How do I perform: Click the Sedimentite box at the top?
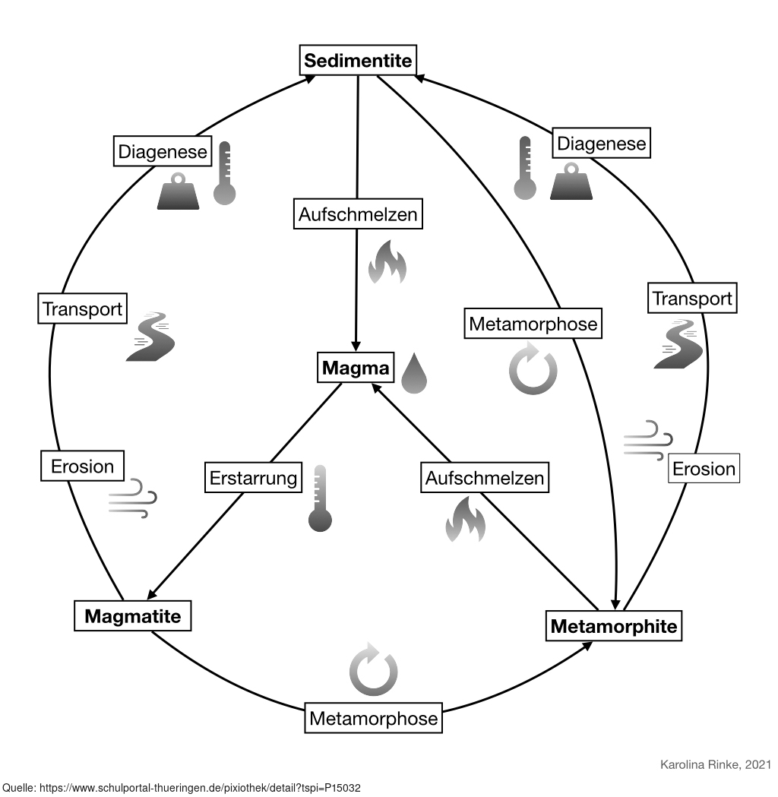coord(358,61)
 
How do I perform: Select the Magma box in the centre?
coord(356,368)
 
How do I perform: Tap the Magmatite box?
coord(132,615)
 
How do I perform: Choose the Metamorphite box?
coord(613,626)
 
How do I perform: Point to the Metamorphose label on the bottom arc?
coord(373,718)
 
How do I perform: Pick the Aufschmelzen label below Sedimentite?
coord(358,214)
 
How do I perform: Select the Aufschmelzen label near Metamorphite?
coord(484,479)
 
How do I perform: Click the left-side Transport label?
coord(82,309)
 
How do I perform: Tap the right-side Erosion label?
coord(704,469)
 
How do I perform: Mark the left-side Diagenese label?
coord(162,152)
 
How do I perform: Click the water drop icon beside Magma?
coord(414,373)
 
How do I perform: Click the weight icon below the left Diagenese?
coord(178,192)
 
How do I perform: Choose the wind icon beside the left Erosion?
coord(133,498)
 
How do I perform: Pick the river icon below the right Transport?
coord(678,344)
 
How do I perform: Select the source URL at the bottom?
coord(186,788)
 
